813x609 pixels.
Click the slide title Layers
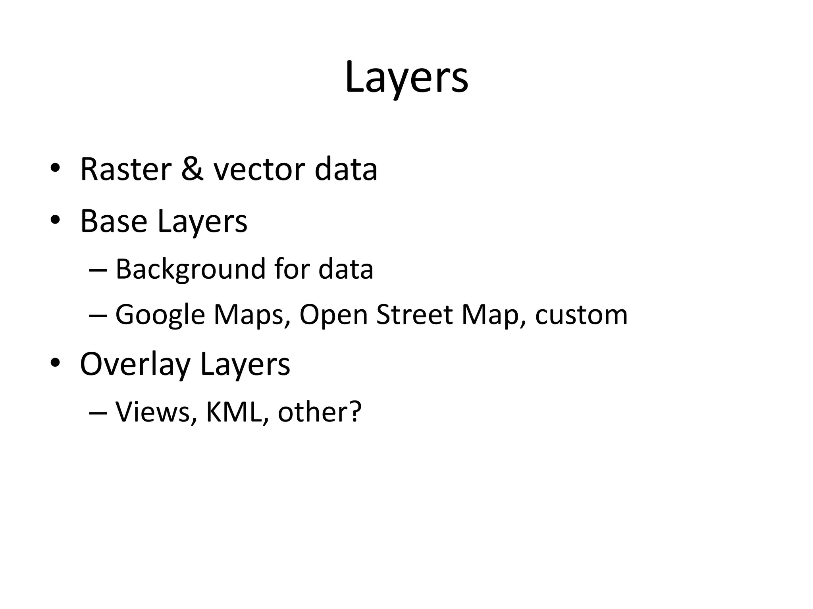(406, 77)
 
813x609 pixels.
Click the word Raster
(125, 170)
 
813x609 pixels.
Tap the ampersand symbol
(193, 170)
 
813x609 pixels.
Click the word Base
(114, 221)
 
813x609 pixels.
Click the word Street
(414, 314)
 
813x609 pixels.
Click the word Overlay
(135, 365)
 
